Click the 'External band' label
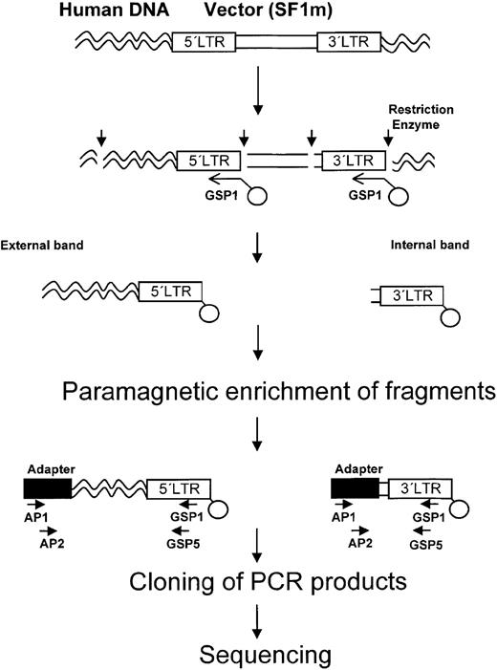[x=53, y=244]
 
